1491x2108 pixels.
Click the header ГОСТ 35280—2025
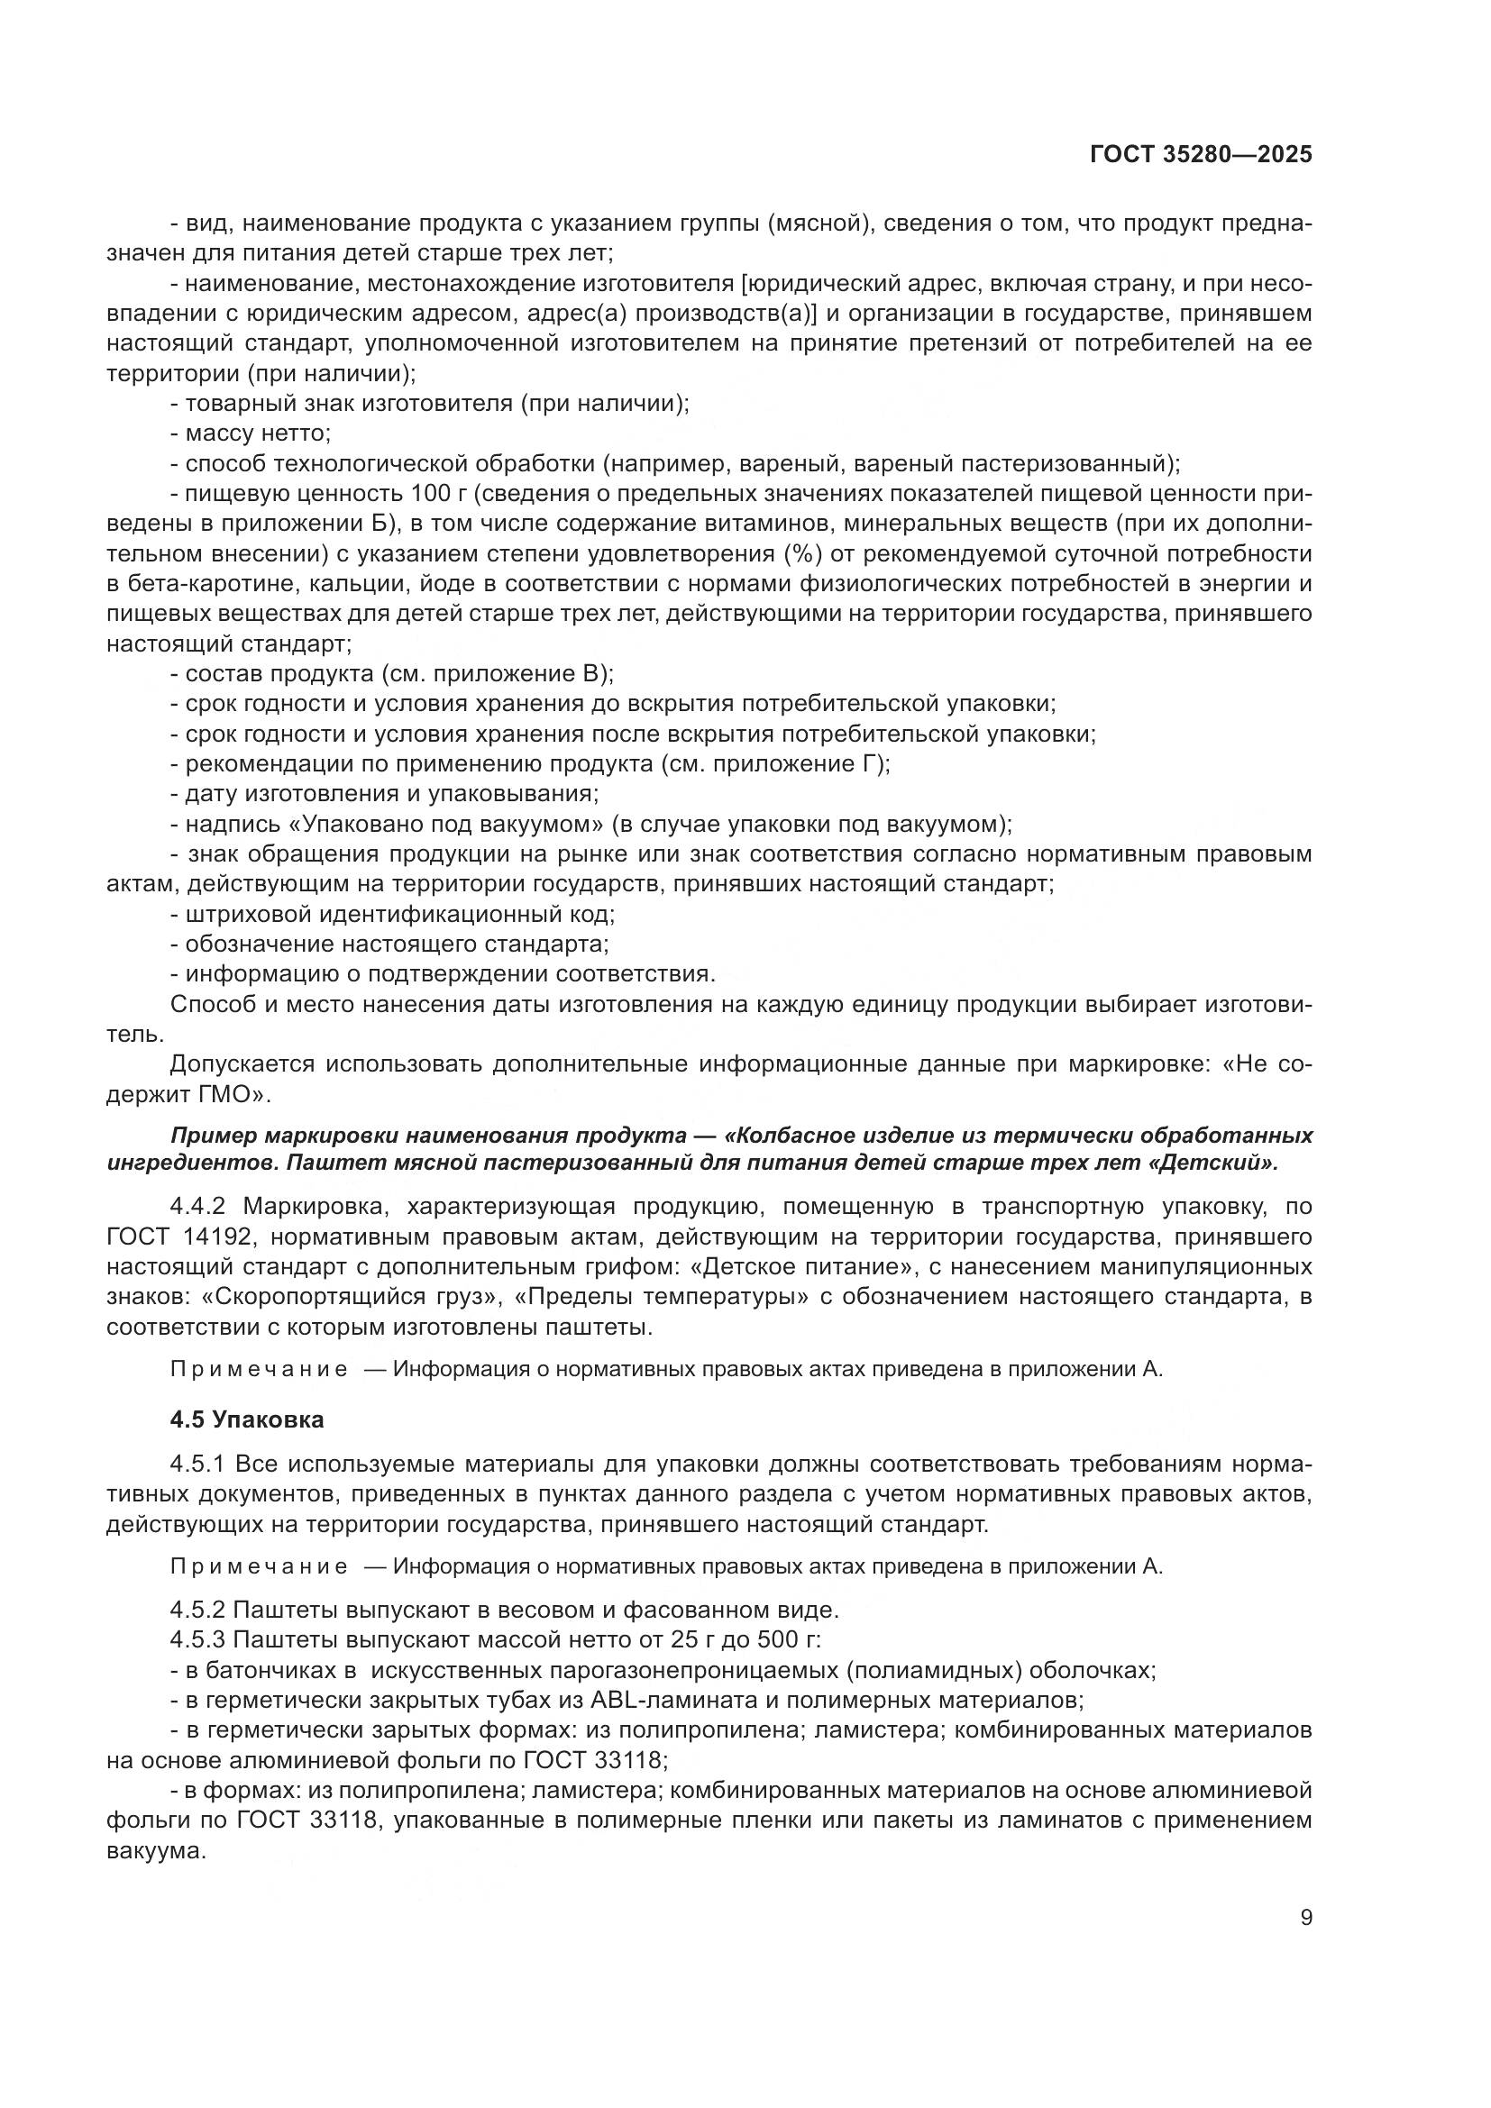pos(1201,155)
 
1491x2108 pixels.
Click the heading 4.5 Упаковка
pos(247,1419)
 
